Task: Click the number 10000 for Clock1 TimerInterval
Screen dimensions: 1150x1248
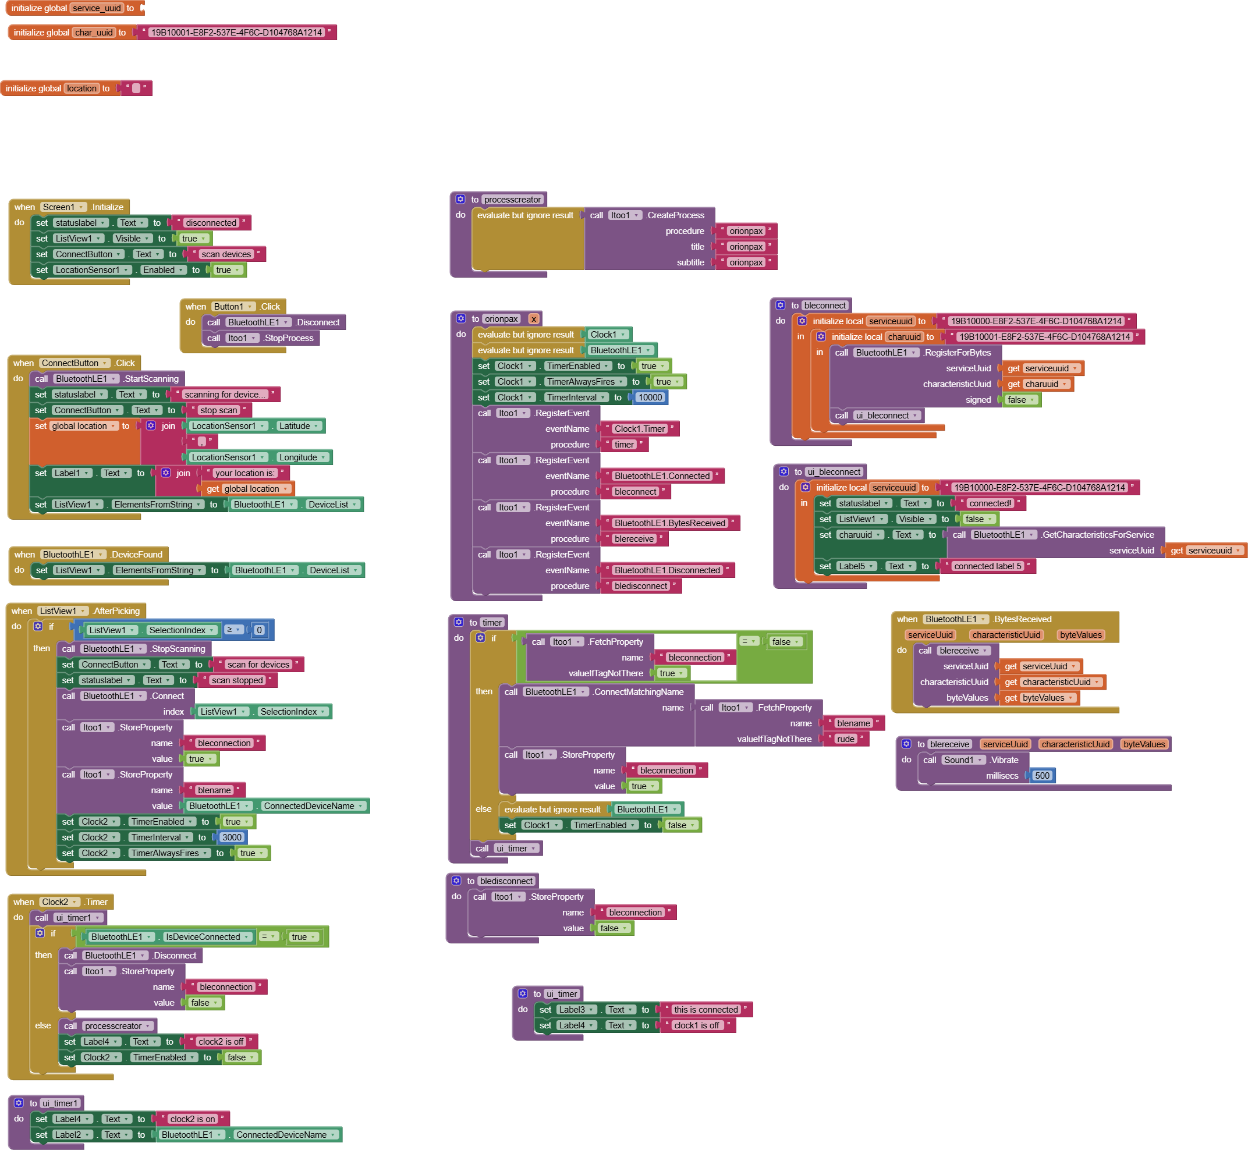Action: (650, 397)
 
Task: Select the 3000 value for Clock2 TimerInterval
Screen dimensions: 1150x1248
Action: (232, 837)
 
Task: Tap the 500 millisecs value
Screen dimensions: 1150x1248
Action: (1042, 776)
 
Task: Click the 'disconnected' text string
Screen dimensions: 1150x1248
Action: (211, 223)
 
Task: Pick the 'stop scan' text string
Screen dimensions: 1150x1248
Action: (218, 410)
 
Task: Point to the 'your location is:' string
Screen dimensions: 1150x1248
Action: (244, 473)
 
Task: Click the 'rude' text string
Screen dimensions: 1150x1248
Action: (845, 739)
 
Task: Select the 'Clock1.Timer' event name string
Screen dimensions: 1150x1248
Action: (639, 429)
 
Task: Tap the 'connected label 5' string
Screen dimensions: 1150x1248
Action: (987, 566)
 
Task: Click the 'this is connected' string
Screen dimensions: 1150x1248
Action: (705, 1010)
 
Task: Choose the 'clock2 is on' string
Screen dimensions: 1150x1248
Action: (192, 1119)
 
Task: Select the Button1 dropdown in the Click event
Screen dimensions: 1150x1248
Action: (233, 307)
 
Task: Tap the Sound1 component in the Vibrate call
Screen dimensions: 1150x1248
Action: (963, 761)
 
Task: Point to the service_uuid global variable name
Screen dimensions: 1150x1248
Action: (97, 8)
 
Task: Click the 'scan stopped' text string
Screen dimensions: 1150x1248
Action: (237, 681)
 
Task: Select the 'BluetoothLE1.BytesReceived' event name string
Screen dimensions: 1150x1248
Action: (669, 523)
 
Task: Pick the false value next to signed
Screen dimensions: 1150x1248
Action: (1020, 400)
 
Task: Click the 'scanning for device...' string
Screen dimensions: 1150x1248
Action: (225, 395)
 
